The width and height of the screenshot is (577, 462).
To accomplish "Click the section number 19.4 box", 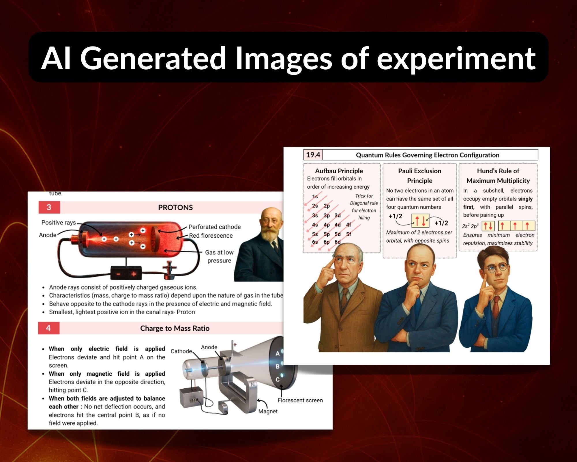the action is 313,155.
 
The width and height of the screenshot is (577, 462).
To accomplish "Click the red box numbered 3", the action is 49,207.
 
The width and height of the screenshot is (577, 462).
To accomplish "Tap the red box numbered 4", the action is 48,328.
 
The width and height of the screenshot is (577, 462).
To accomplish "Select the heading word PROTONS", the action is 175,208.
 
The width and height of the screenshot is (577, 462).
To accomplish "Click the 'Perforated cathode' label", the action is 215,227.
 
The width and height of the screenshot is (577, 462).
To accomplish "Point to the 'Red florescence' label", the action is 211,236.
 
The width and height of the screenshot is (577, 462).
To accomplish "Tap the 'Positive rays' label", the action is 59,223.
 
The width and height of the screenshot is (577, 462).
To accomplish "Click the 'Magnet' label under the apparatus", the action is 268,411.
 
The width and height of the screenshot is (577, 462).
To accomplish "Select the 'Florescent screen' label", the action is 300,400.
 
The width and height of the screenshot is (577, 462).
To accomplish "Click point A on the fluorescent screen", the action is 278,353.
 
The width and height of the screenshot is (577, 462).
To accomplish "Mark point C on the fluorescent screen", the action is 278,379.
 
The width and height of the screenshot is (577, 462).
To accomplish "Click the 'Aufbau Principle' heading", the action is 339,171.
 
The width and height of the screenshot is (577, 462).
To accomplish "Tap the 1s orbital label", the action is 315,197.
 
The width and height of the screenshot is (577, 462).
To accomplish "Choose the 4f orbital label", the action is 349,225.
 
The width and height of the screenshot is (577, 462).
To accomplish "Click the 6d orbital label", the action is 338,242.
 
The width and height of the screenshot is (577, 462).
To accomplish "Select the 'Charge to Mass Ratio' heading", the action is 175,328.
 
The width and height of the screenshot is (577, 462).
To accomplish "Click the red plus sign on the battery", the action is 134,274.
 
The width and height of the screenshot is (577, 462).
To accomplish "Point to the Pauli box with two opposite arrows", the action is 420,221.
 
